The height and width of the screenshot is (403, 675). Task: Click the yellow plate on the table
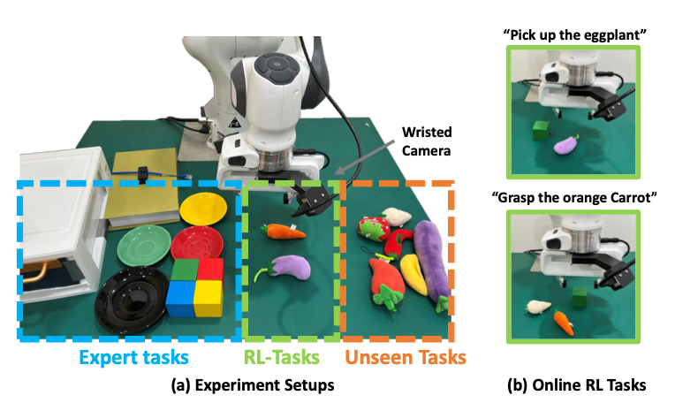point(203,209)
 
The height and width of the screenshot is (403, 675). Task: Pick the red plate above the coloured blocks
point(197,243)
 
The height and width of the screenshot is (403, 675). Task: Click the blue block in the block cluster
point(181,299)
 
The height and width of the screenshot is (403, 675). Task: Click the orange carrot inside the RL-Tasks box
point(283,232)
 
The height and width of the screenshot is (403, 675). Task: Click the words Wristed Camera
point(427,141)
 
